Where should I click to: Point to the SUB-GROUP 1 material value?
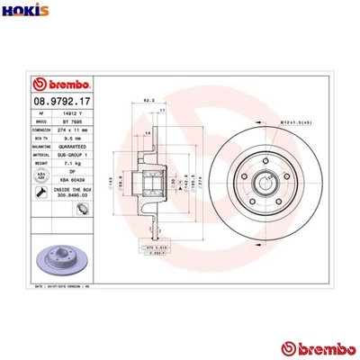pos(77,156)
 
